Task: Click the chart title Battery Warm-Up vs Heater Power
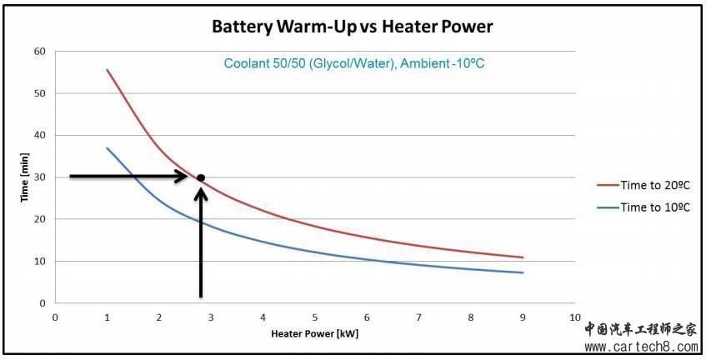click(x=352, y=27)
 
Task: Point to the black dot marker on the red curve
click(x=200, y=177)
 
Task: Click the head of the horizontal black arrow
click(x=186, y=176)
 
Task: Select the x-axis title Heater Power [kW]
click(x=314, y=335)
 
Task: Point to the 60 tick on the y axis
click(x=39, y=51)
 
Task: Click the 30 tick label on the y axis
click(x=39, y=177)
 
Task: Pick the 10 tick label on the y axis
click(x=39, y=261)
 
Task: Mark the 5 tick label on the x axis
click(x=314, y=317)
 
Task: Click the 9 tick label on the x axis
click(x=523, y=317)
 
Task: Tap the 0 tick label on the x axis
click(x=55, y=317)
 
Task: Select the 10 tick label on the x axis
click(x=574, y=317)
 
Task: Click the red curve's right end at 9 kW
click(x=523, y=257)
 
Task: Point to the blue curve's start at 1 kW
click(x=107, y=148)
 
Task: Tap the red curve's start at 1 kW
click(x=107, y=70)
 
